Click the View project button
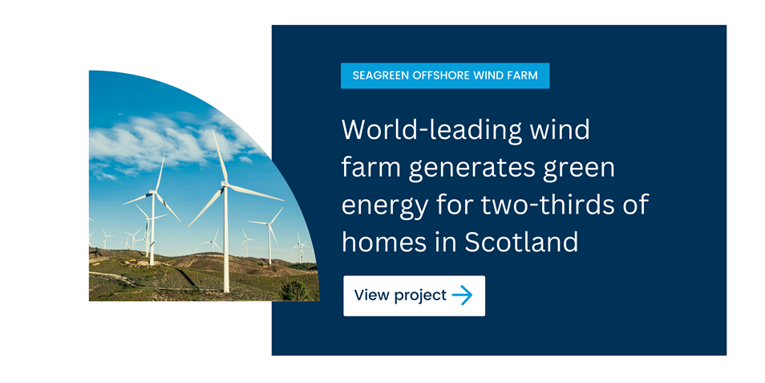click(x=415, y=295)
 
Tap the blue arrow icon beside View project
click(x=462, y=295)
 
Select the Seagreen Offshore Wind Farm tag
click(x=445, y=75)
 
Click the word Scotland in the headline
click(x=521, y=242)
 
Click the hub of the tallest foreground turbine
click(x=225, y=184)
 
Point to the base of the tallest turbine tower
click(x=226, y=290)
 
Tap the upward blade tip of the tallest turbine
click(x=213, y=131)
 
